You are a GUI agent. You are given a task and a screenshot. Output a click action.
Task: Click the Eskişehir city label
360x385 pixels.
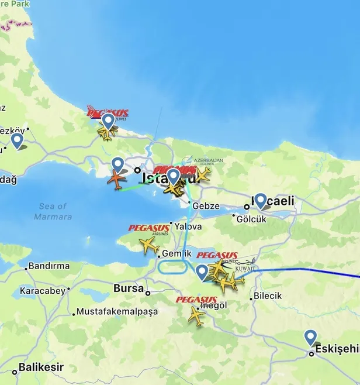tap(337, 349)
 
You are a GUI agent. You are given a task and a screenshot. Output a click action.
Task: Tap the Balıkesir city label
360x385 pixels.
tap(40, 368)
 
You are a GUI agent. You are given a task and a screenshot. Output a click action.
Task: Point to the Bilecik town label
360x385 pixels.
tap(267, 296)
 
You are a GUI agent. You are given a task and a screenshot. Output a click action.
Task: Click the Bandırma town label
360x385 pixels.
tap(49, 266)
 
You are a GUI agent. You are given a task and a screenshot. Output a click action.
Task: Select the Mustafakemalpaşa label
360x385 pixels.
tap(117, 311)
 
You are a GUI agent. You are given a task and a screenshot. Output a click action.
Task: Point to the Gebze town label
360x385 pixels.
tap(205, 206)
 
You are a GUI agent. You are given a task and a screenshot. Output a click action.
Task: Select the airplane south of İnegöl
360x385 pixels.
tap(197, 317)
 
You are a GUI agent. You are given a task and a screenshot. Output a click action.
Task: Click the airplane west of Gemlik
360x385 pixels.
tap(150, 245)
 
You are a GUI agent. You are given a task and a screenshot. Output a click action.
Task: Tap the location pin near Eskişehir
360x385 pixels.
tap(310, 338)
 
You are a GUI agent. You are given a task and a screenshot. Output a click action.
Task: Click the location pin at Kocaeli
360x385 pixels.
tap(260, 201)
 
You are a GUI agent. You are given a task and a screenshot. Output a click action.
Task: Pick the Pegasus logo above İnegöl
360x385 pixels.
tap(196, 300)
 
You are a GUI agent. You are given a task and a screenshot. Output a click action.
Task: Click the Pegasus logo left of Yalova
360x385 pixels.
tap(148, 229)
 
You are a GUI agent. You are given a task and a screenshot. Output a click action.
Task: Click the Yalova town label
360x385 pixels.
tap(188, 226)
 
